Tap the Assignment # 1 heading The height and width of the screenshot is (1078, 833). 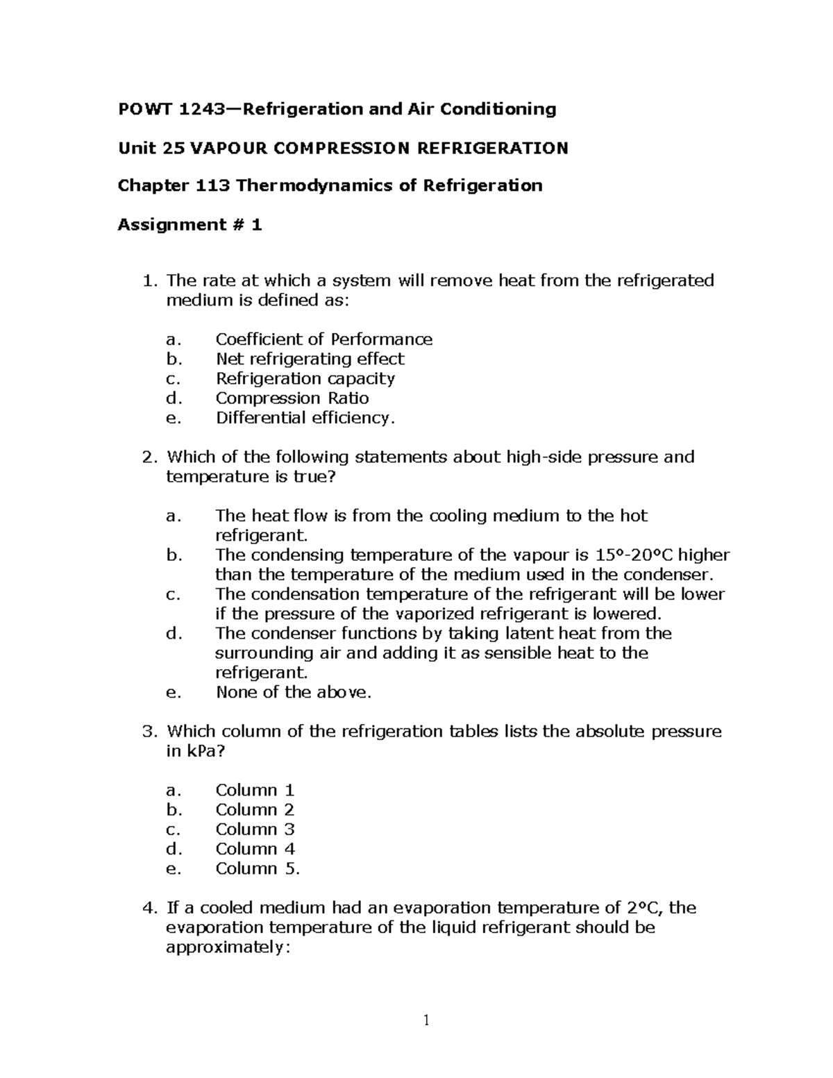coord(190,225)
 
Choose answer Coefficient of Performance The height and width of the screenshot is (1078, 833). coord(323,339)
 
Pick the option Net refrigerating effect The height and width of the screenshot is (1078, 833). coord(310,359)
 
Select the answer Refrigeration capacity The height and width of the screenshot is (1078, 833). coord(305,378)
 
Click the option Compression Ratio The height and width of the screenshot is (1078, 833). coord(292,398)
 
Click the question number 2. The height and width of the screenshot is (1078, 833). coord(147,457)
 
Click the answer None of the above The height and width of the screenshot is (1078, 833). coord(293,692)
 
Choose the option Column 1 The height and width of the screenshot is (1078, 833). coord(255,790)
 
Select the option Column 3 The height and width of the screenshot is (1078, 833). coord(255,829)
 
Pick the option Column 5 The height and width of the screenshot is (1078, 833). coord(257,868)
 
